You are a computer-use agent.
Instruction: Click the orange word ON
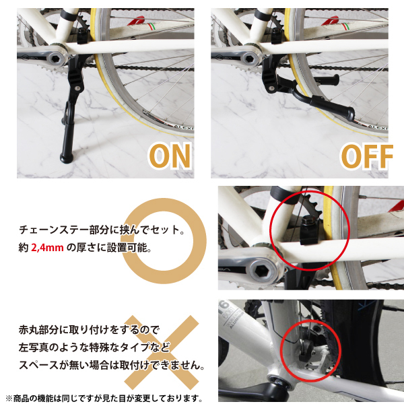point(170,156)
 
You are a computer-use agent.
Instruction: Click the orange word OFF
point(366,156)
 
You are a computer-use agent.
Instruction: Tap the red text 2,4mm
point(47,248)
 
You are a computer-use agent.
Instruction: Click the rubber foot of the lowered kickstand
point(67,158)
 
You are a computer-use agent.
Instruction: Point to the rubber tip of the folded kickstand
point(349,114)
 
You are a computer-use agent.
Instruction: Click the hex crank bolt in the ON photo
point(55,58)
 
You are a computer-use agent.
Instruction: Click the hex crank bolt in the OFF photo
point(249,58)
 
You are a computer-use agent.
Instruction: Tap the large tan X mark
point(162,352)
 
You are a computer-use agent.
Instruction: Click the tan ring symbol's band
point(200,241)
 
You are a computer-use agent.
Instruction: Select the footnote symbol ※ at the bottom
point(9,398)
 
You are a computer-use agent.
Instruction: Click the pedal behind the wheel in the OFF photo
point(327,80)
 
